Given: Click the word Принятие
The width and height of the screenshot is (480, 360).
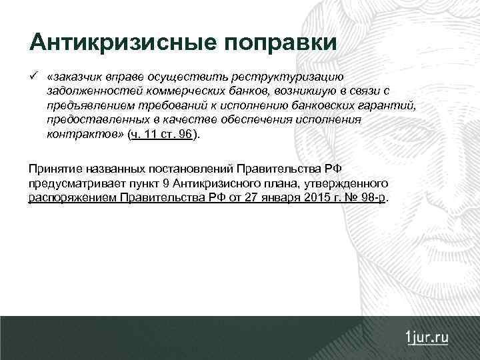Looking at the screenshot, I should [x=53, y=168].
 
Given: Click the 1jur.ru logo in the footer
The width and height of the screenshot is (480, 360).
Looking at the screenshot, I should [x=427, y=337].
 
